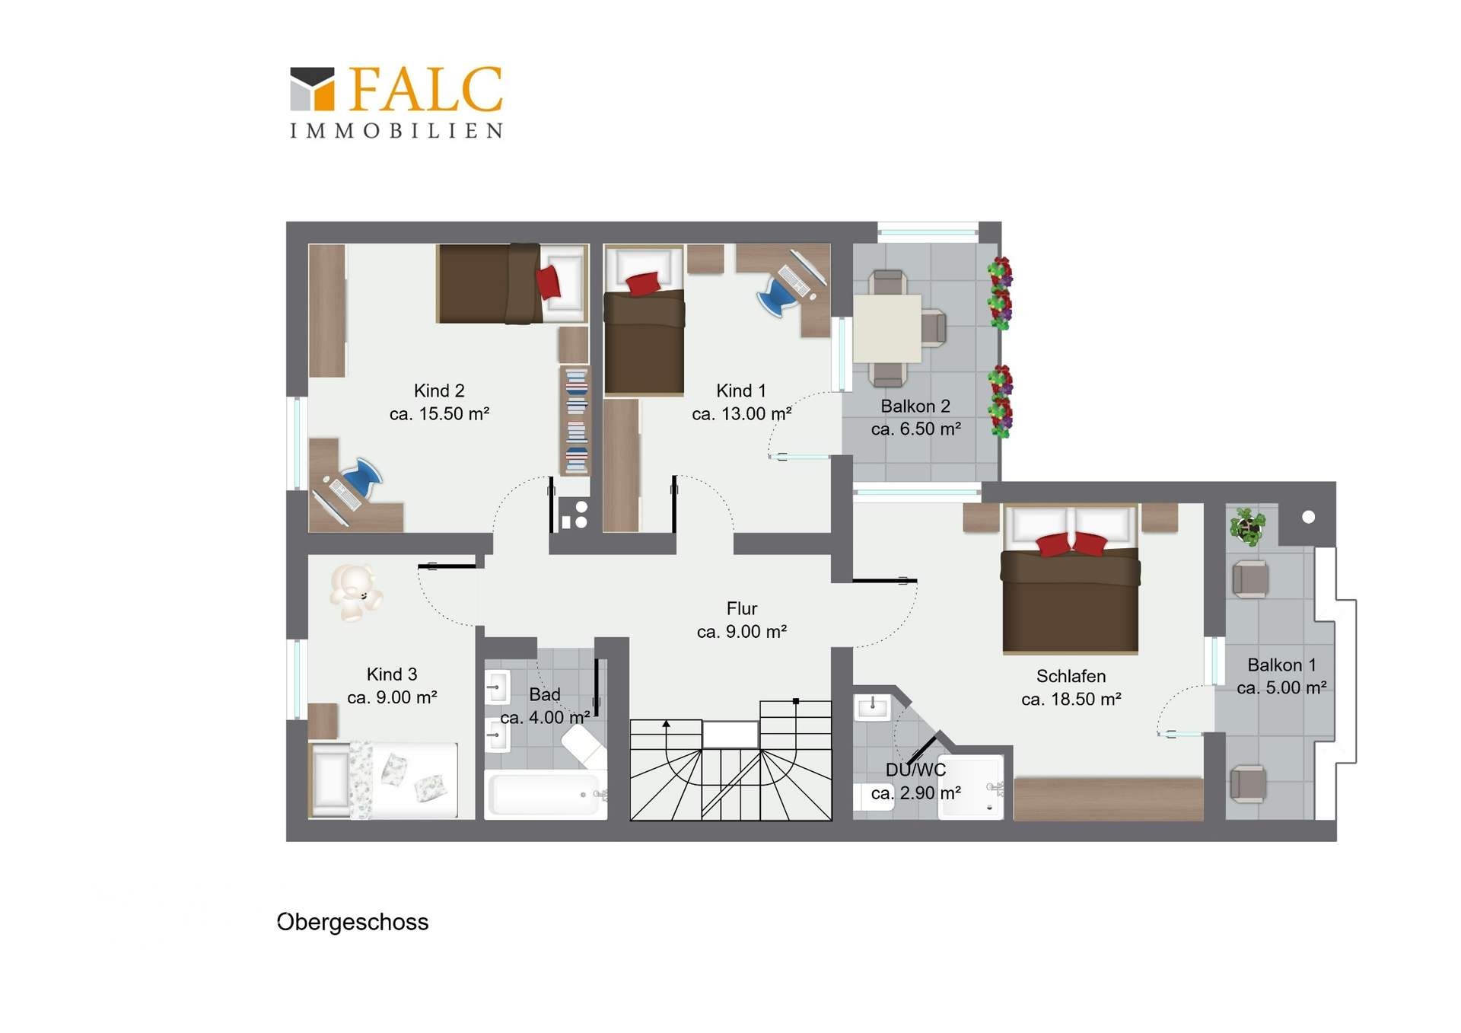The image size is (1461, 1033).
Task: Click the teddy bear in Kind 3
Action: click(355, 591)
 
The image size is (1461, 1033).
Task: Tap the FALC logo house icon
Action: click(312, 89)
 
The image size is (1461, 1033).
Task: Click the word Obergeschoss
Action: click(352, 922)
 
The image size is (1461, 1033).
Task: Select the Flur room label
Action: click(742, 608)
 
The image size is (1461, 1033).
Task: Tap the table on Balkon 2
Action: click(887, 328)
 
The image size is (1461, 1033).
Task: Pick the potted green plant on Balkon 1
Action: click(1247, 525)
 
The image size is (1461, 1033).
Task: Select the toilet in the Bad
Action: click(584, 745)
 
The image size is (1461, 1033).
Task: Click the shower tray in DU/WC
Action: click(971, 787)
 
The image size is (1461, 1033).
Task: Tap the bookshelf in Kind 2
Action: click(576, 421)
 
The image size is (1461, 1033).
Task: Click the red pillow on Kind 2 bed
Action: click(548, 282)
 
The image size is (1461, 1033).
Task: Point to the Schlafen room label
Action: click(1071, 676)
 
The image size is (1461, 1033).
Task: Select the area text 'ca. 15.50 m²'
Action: click(439, 414)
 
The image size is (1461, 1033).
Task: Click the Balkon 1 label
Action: click(1281, 665)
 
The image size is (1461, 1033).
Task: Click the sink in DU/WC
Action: click(873, 707)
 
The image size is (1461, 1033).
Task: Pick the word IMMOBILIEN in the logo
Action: click(396, 131)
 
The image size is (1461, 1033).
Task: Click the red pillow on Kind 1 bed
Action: click(644, 283)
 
